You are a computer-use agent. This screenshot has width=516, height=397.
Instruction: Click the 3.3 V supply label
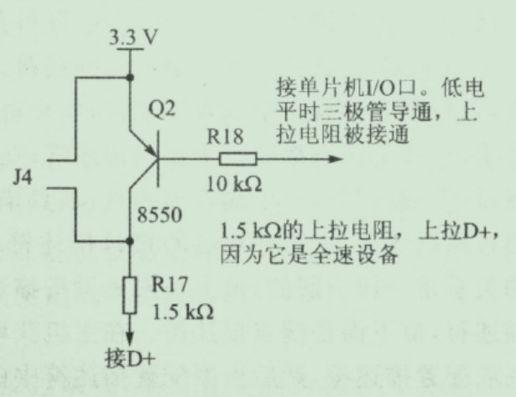coord(132,38)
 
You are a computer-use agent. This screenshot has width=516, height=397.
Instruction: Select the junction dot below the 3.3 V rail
coord(130,78)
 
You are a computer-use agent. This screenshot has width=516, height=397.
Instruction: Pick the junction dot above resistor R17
coord(130,240)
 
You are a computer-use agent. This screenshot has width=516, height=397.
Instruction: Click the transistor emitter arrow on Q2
coord(152,152)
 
